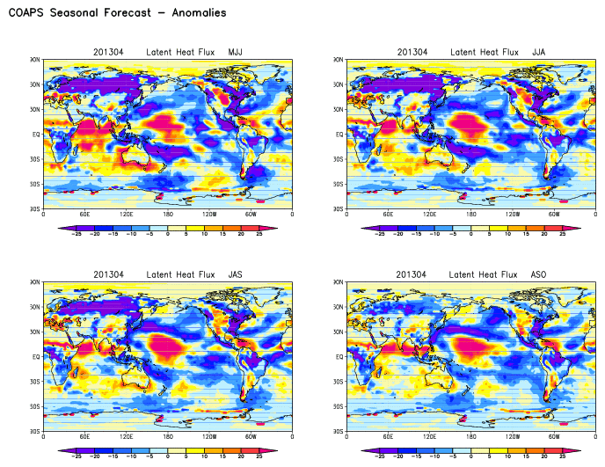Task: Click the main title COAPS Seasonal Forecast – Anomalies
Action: [117, 13]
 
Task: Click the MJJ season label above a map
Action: [236, 52]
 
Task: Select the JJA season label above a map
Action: [539, 52]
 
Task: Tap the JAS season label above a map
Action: [236, 274]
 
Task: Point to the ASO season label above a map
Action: [539, 274]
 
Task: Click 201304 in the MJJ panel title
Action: [108, 52]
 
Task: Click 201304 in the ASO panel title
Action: [412, 274]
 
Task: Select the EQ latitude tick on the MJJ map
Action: [34, 135]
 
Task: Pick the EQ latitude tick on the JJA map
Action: [339, 135]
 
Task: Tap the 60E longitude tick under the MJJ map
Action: [84, 215]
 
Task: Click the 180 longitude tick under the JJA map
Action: [471, 215]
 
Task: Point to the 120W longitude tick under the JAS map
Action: [209, 437]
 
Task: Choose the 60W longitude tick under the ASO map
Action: [554, 437]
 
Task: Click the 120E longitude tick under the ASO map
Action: [430, 437]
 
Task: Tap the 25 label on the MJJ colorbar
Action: [260, 235]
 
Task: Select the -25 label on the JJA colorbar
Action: [379, 235]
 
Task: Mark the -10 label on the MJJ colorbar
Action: [128, 235]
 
